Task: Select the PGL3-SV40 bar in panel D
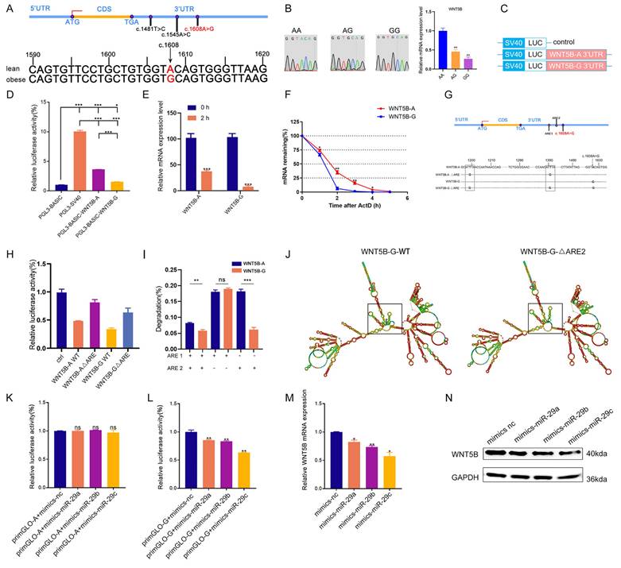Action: (76, 158)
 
